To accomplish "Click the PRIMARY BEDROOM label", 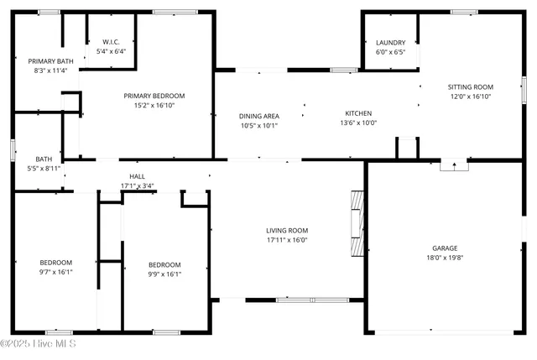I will pos(154,96).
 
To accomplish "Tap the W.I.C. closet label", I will pos(112,42).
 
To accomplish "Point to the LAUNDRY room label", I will pos(390,43).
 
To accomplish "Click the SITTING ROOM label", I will pos(470,86).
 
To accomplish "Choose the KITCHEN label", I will pos(358,113).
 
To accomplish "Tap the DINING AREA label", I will pos(258,116).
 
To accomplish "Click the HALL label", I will pos(137,175).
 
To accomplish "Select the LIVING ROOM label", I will pos(287,231).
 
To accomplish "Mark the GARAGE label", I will pos(445,248).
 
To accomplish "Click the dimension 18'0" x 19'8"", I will pos(445,258).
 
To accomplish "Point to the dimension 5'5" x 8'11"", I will pos(43,169).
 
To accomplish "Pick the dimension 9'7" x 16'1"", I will pos(57,272).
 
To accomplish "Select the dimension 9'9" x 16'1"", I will pos(164,273).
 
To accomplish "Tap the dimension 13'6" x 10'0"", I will pos(358,123).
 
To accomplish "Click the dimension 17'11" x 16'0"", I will pos(287,240).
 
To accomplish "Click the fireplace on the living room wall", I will pos(357,222).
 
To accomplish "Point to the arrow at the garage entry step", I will pos(454,165).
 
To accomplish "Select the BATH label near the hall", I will pos(43,159).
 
